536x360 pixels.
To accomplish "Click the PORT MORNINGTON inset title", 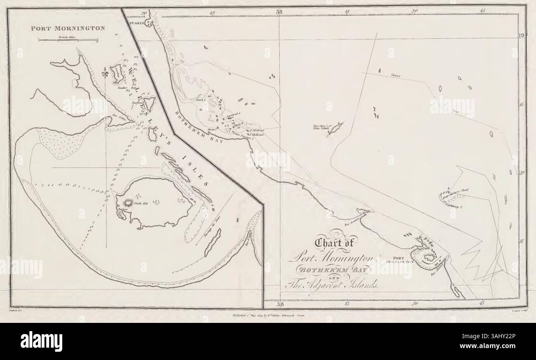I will [68, 29].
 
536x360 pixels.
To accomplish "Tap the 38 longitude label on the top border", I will [280, 12].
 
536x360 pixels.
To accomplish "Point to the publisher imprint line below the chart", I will [268, 314].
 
